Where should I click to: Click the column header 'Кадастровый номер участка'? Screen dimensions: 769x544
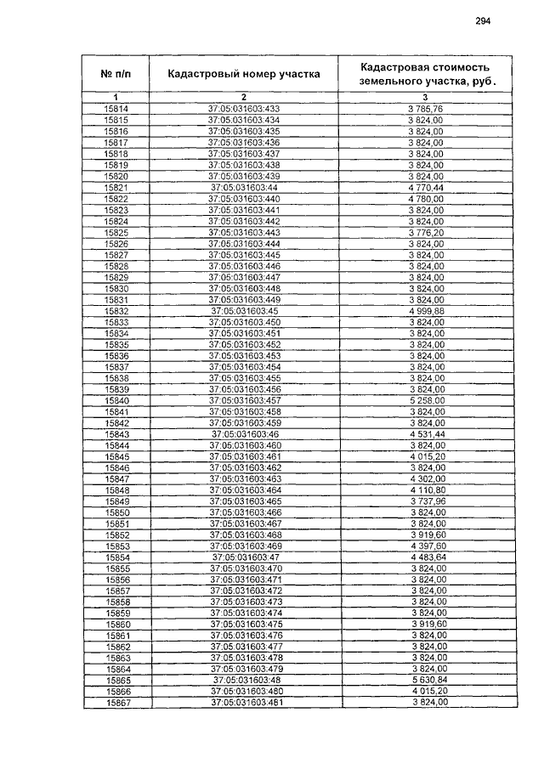(x=244, y=74)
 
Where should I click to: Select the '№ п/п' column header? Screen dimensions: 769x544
(x=116, y=74)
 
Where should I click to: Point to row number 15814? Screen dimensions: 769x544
(x=116, y=110)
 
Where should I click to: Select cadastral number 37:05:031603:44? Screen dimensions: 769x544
(x=244, y=187)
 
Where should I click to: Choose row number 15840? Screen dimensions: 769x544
(x=116, y=400)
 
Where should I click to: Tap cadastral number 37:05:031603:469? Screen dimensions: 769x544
(x=244, y=546)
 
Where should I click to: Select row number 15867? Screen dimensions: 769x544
(x=116, y=702)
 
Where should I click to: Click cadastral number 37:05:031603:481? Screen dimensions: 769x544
(x=244, y=702)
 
